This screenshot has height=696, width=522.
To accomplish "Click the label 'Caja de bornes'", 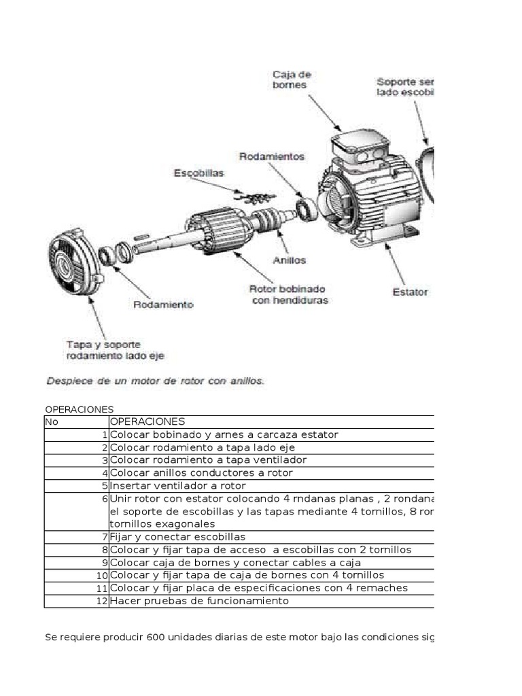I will tap(290, 80).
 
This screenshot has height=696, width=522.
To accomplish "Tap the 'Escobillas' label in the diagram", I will tap(198, 173).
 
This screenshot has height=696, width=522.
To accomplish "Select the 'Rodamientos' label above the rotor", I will tap(272, 156).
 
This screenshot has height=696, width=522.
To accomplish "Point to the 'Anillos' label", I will tap(289, 260).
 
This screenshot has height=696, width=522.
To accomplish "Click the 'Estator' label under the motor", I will tap(411, 292).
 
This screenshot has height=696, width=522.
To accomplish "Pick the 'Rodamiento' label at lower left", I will tap(163, 304).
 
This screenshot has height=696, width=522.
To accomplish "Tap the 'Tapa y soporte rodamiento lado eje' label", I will tap(115, 349).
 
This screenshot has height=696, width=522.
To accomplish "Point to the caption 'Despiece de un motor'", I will tap(155, 381).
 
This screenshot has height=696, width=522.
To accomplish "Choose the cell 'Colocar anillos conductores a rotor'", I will tap(201, 473).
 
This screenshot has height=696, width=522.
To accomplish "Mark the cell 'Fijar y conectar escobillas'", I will tap(177, 537).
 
